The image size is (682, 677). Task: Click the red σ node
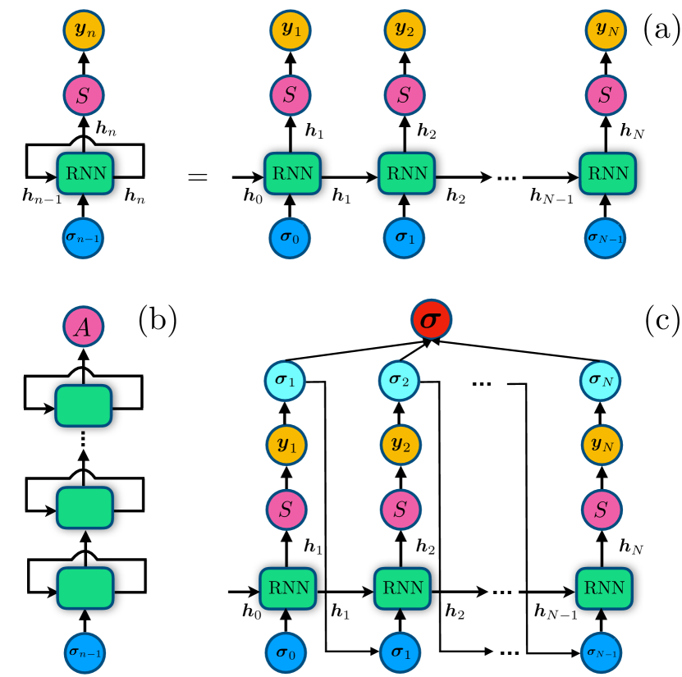432,319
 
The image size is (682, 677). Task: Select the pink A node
84,327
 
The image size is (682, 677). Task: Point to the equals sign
198,177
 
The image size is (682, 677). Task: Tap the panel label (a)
661,30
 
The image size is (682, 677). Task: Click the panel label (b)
158,320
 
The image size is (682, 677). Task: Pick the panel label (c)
662,320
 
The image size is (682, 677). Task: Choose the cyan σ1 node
285,381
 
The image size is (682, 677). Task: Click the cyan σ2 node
400,381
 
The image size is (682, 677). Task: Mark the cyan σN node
601,381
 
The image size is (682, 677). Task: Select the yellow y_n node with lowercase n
84,30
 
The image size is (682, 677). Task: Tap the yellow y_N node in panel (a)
606,30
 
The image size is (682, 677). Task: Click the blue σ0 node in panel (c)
286,652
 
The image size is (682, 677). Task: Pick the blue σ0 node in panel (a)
290,238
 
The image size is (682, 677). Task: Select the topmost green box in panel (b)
84,405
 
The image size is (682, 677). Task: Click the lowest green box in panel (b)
85,588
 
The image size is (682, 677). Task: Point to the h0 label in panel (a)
253,196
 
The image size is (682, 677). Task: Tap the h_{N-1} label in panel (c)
556,612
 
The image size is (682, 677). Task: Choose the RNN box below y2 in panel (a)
407,173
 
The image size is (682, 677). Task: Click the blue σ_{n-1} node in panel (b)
85,652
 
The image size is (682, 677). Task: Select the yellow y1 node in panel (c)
286,446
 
